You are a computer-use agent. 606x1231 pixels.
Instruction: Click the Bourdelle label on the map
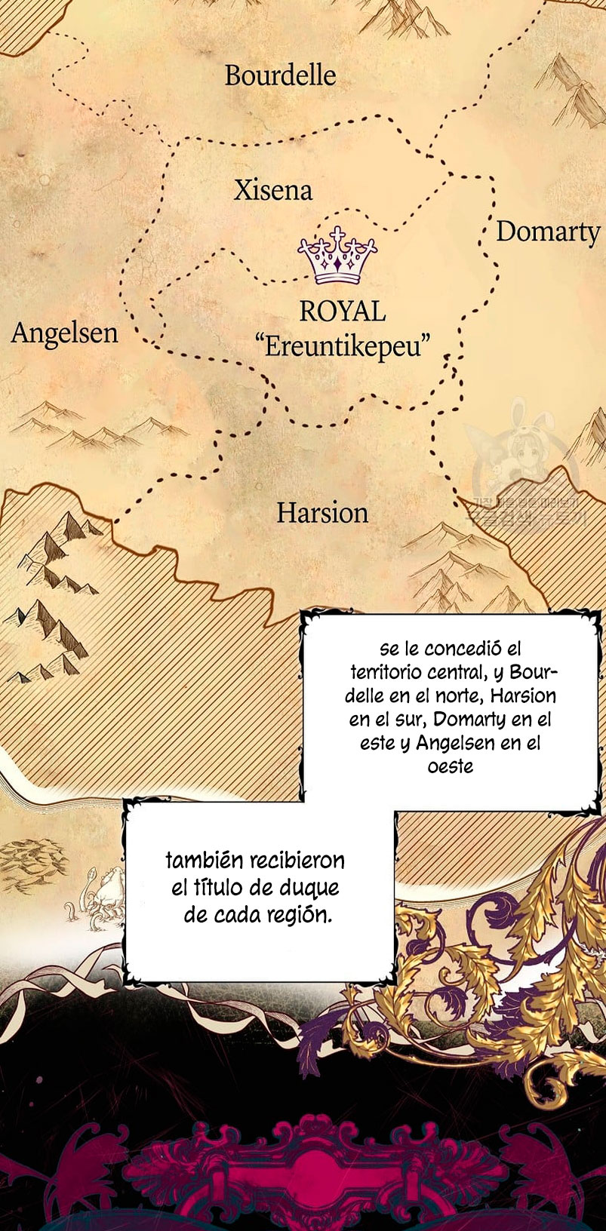pyautogui.click(x=280, y=75)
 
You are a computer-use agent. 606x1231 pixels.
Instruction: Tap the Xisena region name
pyautogui.click(x=272, y=190)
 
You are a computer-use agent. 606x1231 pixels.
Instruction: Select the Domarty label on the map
pyautogui.click(x=547, y=232)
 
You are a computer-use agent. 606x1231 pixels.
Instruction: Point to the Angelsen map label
pyautogui.click(x=65, y=333)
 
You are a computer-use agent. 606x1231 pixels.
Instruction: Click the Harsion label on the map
pyautogui.click(x=322, y=513)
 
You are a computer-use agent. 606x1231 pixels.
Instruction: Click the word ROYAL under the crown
pyautogui.click(x=342, y=311)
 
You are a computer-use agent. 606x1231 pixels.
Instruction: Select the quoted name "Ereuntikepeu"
pyautogui.click(x=343, y=347)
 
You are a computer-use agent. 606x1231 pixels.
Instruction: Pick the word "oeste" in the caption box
pyautogui.click(x=451, y=766)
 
